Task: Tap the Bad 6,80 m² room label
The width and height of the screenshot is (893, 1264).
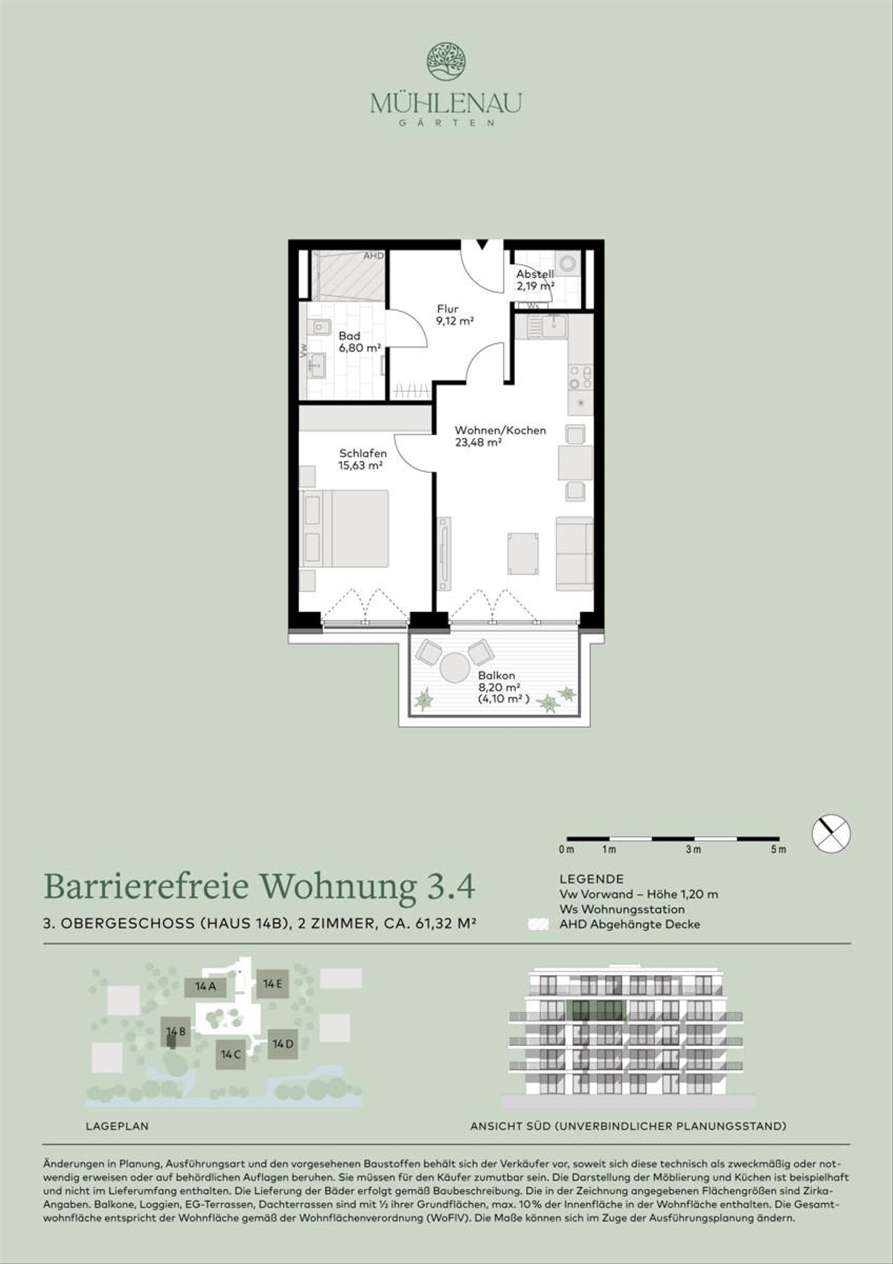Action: click(x=359, y=342)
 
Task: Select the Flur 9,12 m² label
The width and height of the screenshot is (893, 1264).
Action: click(x=455, y=315)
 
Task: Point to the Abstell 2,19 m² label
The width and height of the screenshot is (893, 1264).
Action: click(x=535, y=279)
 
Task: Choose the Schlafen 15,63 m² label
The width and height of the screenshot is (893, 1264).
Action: click(x=361, y=459)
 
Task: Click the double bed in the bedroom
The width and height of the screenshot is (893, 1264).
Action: click(x=345, y=529)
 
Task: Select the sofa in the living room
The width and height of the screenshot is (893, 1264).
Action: click(x=574, y=553)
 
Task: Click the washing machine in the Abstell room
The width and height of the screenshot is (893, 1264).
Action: click(x=568, y=263)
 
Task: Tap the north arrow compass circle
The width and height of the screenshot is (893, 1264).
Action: click(x=831, y=834)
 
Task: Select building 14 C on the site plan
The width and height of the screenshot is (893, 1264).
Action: click(x=231, y=1054)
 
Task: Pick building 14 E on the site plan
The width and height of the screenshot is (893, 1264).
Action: click(x=272, y=984)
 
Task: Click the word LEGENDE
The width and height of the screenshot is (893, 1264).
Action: click(x=592, y=879)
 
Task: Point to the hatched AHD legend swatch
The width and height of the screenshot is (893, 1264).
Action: click(x=537, y=925)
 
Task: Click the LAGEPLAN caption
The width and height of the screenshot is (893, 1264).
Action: click(x=118, y=1126)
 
